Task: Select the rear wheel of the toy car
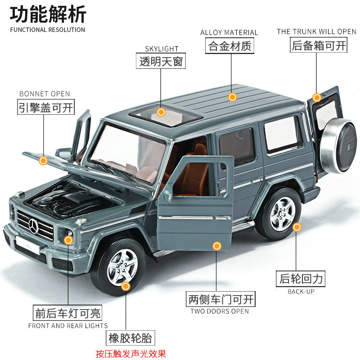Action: click(x=282, y=214)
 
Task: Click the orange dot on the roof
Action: click(x=232, y=97)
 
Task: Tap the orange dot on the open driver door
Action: click(x=217, y=246)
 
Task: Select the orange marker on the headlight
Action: click(x=68, y=240)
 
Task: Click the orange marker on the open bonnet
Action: click(x=44, y=160)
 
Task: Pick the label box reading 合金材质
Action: click(x=229, y=46)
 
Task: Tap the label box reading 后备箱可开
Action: click(x=319, y=45)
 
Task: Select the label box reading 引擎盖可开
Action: click(x=46, y=107)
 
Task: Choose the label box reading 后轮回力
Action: click(x=301, y=279)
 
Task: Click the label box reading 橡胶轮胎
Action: click(x=130, y=337)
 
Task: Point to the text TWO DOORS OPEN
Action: click(x=219, y=311)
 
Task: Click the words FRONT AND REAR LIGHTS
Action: click(x=68, y=325)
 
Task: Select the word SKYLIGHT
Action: click(x=162, y=49)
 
